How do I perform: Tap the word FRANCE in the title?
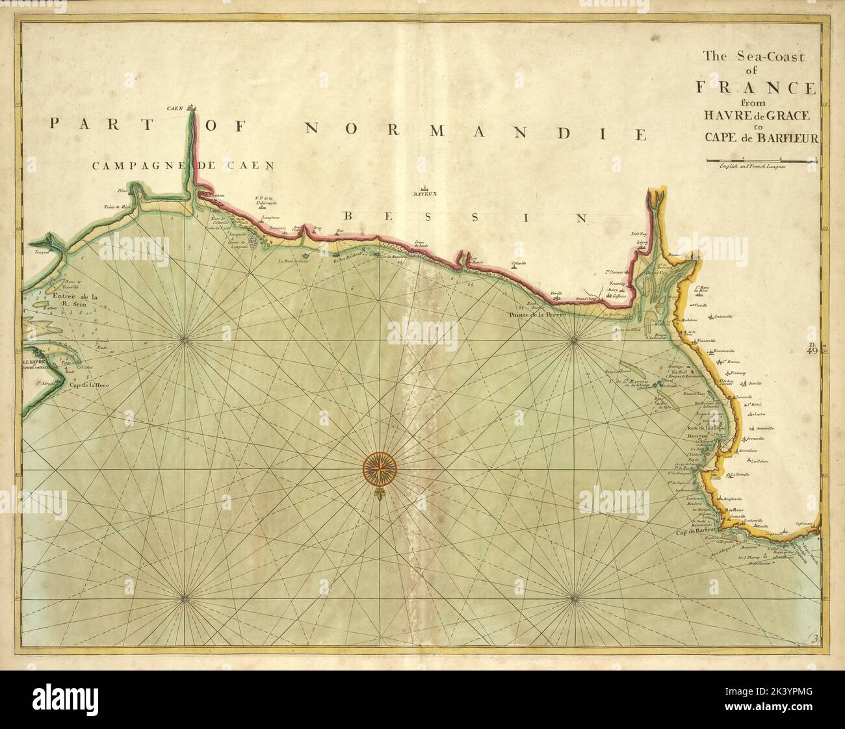762,87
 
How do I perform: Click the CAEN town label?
174,108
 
